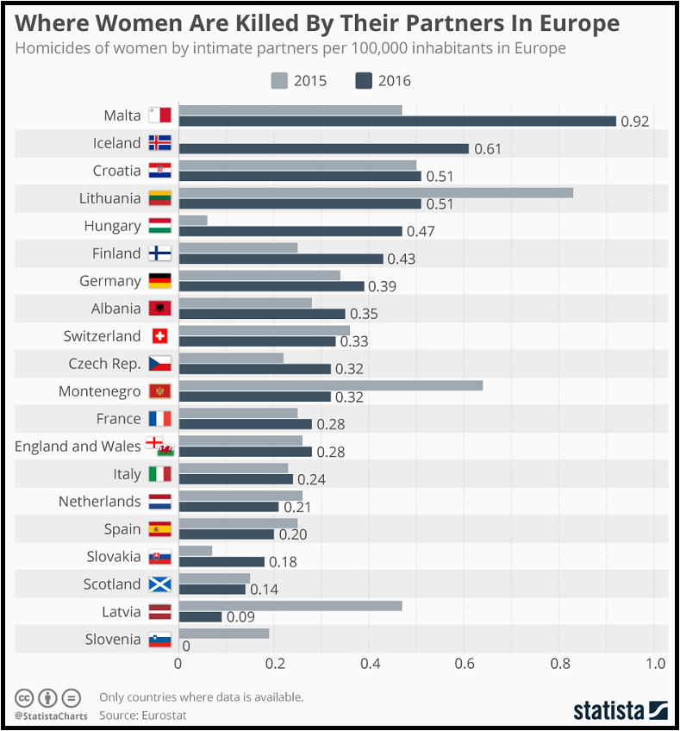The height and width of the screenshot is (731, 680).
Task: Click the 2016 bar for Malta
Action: [x=396, y=121]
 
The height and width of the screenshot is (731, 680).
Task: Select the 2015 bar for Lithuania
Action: [x=376, y=192]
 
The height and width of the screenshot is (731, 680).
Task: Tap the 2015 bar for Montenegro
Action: [x=330, y=385]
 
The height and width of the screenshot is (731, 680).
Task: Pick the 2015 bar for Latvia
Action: [x=290, y=606]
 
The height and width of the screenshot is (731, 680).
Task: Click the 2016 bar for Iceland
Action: [x=323, y=148]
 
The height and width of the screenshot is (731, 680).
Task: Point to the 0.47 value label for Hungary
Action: [x=421, y=232]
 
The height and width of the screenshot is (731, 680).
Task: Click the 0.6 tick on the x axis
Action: [x=465, y=664]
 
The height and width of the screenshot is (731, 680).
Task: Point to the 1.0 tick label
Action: [x=656, y=664]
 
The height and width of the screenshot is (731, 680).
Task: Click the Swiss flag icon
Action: [x=160, y=336]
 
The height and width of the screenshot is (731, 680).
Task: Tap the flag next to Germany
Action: [x=160, y=281]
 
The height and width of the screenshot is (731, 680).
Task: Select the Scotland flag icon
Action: [x=160, y=584]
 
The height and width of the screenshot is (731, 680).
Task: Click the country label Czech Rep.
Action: [x=104, y=364]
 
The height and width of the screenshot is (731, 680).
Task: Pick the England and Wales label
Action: [x=78, y=447]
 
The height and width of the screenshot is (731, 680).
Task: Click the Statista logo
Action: [x=621, y=710]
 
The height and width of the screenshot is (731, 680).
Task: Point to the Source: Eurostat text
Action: [x=143, y=715]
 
